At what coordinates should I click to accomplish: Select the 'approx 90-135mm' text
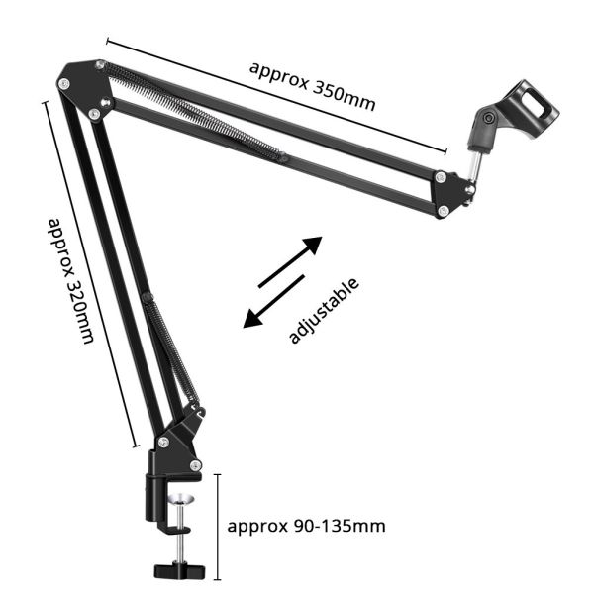coord(306,525)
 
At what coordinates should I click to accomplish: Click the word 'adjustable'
coord(323,311)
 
